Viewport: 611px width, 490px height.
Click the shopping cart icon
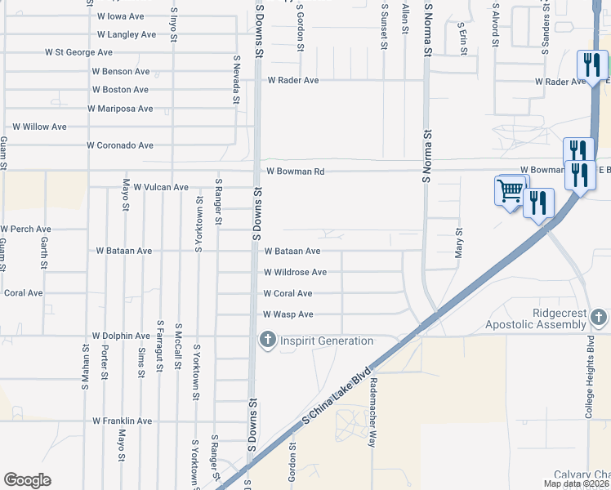point(511,191)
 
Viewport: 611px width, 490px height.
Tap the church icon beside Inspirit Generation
point(267,340)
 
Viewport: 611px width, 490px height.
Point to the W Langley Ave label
point(126,34)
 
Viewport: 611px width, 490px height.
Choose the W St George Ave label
point(78,52)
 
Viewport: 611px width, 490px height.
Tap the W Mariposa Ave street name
point(120,109)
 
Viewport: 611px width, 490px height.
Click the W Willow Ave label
point(39,127)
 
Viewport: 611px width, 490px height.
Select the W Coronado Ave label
point(120,145)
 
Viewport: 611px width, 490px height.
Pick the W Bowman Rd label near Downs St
point(296,171)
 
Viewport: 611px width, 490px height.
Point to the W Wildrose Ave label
point(295,272)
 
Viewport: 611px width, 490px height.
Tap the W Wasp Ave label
point(288,314)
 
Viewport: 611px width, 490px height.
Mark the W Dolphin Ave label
point(122,336)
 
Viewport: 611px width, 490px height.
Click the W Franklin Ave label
point(122,421)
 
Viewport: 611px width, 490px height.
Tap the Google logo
point(27,480)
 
